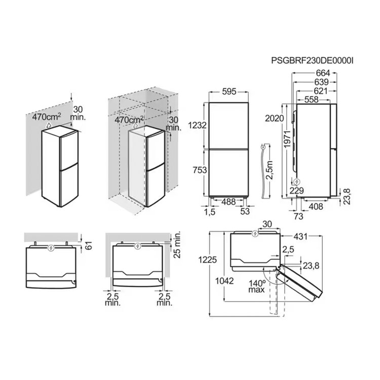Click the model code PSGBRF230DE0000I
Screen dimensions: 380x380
312,60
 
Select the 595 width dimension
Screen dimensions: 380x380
229,92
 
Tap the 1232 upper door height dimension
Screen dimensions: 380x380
198,125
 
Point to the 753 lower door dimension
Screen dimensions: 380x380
200,170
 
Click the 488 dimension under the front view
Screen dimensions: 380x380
229,202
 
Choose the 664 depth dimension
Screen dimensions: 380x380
323,73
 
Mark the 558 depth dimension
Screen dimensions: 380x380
311,99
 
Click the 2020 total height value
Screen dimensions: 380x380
274,118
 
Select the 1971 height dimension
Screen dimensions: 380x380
287,140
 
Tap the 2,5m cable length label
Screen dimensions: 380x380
269,170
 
